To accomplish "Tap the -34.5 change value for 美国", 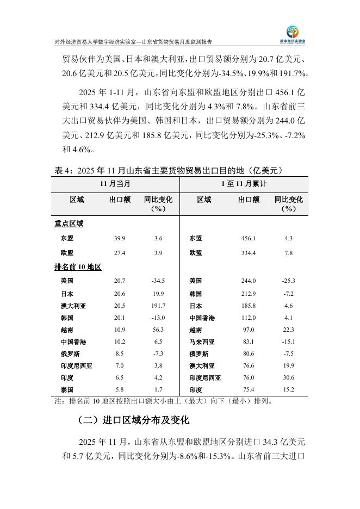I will (x=158, y=281).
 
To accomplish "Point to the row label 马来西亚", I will (x=202, y=342).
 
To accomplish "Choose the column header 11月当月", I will (x=115, y=184).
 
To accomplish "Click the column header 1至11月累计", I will (x=244, y=184).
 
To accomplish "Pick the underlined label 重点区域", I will (x=69, y=224).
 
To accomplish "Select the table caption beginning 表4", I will (x=169, y=171).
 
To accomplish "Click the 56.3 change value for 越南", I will (x=158, y=330).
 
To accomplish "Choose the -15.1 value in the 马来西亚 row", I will (x=288, y=342).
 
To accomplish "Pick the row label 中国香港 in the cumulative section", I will (x=202, y=318).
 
